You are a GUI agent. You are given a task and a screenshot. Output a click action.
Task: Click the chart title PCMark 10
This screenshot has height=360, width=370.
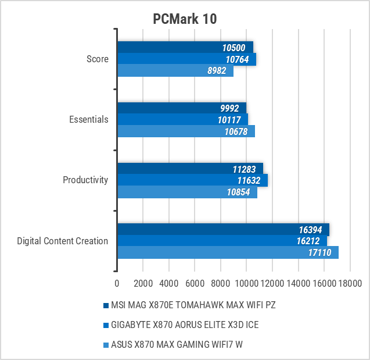pos(185,19)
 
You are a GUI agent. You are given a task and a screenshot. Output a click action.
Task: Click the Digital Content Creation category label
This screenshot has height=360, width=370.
pos(63,241)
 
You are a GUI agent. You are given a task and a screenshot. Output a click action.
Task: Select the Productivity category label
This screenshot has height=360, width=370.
pos(85,180)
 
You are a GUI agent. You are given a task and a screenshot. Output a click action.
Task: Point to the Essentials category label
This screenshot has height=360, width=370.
pos(88,119)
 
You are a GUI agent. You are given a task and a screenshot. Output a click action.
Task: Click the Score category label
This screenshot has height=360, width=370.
pos(97,59)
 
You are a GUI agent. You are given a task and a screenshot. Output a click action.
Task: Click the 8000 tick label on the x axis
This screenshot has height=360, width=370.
pos(221,283)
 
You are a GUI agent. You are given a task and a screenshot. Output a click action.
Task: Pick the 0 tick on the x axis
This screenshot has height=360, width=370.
pos(117,283)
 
